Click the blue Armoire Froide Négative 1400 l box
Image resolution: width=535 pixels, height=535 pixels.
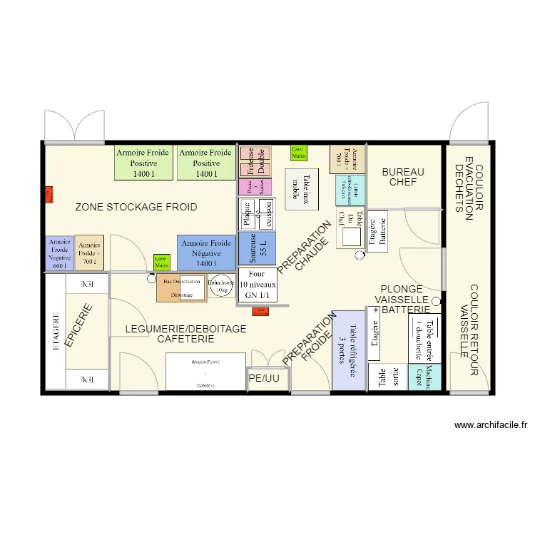(x=206, y=253)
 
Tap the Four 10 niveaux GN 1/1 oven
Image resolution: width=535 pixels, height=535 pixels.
(x=257, y=284)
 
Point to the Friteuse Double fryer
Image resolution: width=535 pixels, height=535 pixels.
(x=255, y=161)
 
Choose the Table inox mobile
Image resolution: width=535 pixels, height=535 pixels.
(x=302, y=189)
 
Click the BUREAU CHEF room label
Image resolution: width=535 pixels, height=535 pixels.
(x=402, y=177)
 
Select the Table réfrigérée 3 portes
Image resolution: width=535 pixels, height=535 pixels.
(x=348, y=350)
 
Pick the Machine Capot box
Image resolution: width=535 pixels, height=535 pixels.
(x=424, y=377)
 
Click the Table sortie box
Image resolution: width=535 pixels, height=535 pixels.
(x=386, y=377)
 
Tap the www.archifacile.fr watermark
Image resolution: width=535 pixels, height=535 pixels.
(x=491, y=426)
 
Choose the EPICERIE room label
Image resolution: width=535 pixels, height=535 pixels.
(x=79, y=326)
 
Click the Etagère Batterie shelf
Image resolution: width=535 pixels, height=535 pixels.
(x=377, y=231)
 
